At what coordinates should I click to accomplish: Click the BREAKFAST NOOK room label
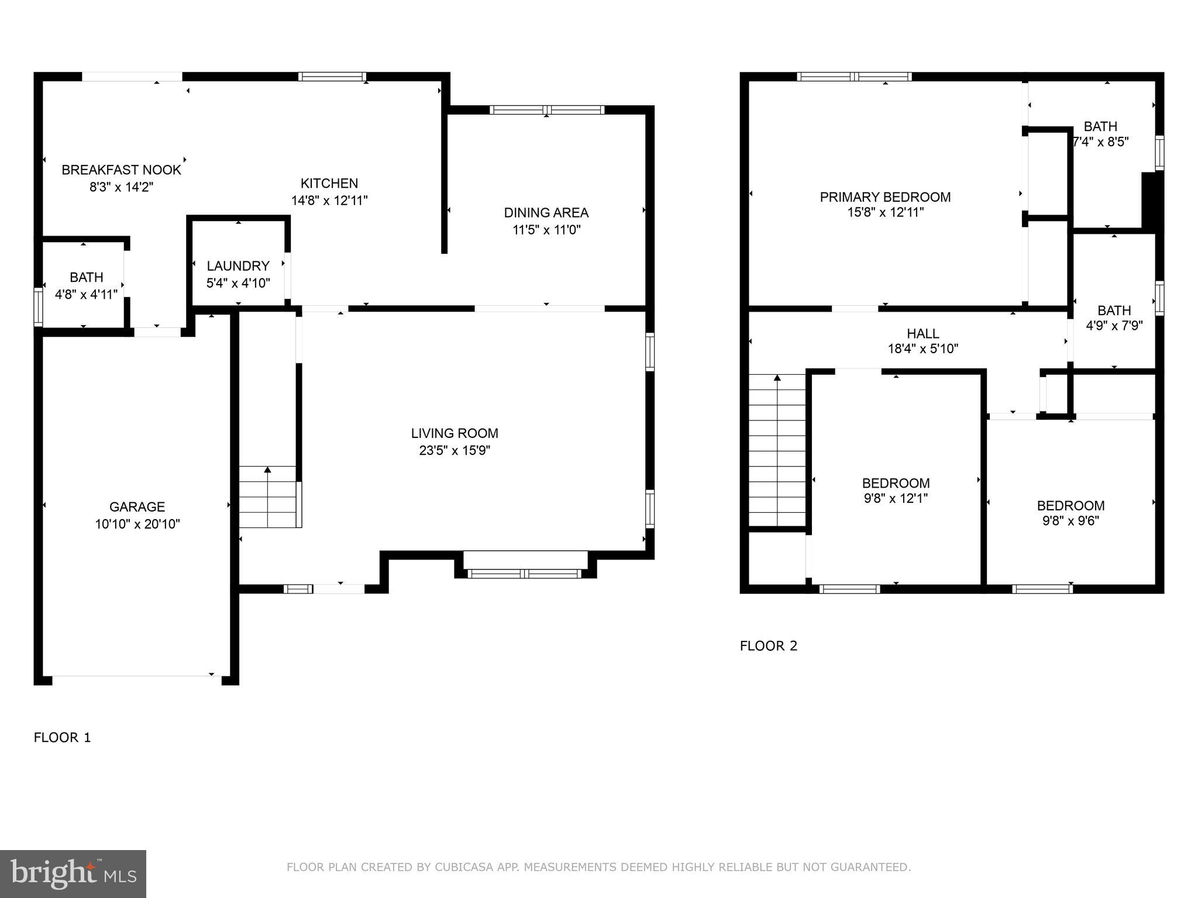tap(121, 170)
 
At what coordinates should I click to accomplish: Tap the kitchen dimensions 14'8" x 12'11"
tap(329, 201)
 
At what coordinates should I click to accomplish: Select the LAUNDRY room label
tap(238, 266)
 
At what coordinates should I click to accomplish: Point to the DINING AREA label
tap(546, 213)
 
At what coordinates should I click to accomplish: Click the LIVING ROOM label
tap(455, 433)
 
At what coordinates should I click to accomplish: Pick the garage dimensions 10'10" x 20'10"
tap(137, 524)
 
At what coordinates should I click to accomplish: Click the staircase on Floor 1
tap(268, 496)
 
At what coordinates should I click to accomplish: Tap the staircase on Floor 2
tap(777, 450)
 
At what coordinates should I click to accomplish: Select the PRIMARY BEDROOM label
tap(885, 197)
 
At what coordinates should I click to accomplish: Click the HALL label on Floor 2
tap(923, 334)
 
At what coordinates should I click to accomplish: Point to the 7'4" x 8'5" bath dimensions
tap(1100, 141)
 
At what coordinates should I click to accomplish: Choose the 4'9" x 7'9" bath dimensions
tap(1114, 326)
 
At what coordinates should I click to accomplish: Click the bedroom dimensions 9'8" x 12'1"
tap(896, 499)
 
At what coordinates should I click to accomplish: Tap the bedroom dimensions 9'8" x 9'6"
tap(1070, 521)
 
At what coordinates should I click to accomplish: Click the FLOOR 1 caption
tap(63, 737)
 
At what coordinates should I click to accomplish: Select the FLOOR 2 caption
tap(769, 645)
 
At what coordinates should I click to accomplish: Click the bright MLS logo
tap(73, 873)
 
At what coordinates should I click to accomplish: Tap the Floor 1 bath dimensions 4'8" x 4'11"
tap(87, 294)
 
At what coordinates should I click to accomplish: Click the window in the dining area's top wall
tap(546, 110)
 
